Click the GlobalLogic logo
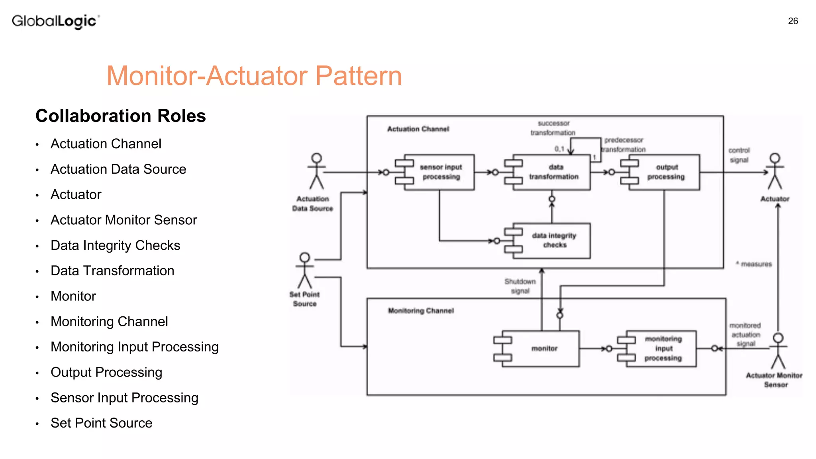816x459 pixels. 55,21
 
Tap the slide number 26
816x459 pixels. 793,21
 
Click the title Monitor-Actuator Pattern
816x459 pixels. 254,76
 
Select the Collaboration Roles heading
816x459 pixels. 120,116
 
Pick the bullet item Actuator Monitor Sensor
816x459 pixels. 124,220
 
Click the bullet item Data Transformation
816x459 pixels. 112,271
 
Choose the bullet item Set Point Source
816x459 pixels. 101,423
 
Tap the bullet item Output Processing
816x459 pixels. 106,372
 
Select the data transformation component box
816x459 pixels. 553,172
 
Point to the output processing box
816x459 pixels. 665,172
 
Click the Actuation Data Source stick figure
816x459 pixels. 317,171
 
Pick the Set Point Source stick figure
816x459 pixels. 305,270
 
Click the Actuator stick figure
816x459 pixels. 775,171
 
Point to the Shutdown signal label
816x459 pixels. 520,286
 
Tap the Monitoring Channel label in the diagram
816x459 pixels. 421,311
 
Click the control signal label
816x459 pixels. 739,155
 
